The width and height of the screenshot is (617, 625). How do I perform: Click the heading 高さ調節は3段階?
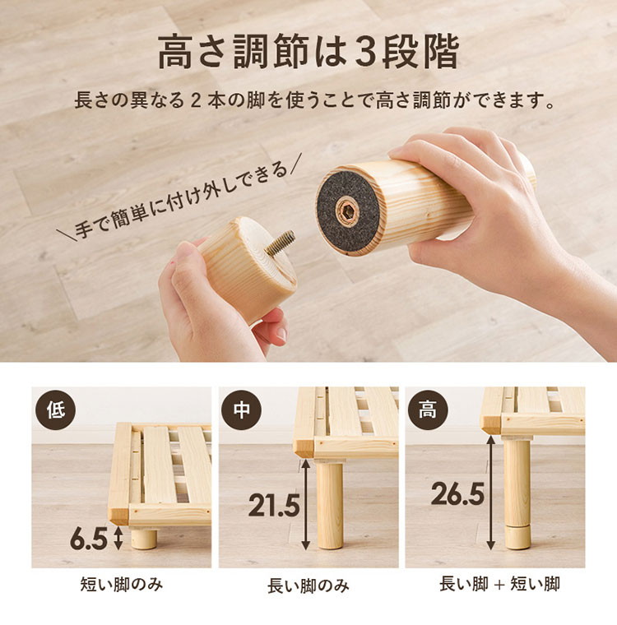click(x=308, y=52)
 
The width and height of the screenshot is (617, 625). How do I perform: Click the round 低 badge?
click(x=55, y=410)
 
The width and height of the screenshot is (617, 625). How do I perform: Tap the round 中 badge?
click(x=241, y=410)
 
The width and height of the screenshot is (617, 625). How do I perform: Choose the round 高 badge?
click(x=428, y=410)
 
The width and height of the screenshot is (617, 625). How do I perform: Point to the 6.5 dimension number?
click(x=88, y=539)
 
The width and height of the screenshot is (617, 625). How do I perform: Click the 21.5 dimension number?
click(x=274, y=505)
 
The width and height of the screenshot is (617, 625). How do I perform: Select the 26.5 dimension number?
click(x=457, y=493)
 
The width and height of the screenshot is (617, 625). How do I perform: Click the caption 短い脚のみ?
click(x=121, y=585)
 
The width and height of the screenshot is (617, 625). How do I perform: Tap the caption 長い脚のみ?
click(x=308, y=586)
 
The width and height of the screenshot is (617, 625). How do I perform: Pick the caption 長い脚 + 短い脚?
click(x=499, y=584)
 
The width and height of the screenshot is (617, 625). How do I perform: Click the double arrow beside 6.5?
click(x=118, y=538)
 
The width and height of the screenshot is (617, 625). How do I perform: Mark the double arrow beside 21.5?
click(x=305, y=505)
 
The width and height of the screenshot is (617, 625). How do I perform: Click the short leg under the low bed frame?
click(x=144, y=538)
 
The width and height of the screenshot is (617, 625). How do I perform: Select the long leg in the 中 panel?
click(x=329, y=504)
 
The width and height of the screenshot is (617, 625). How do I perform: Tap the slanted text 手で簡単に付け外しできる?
click(x=179, y=201)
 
